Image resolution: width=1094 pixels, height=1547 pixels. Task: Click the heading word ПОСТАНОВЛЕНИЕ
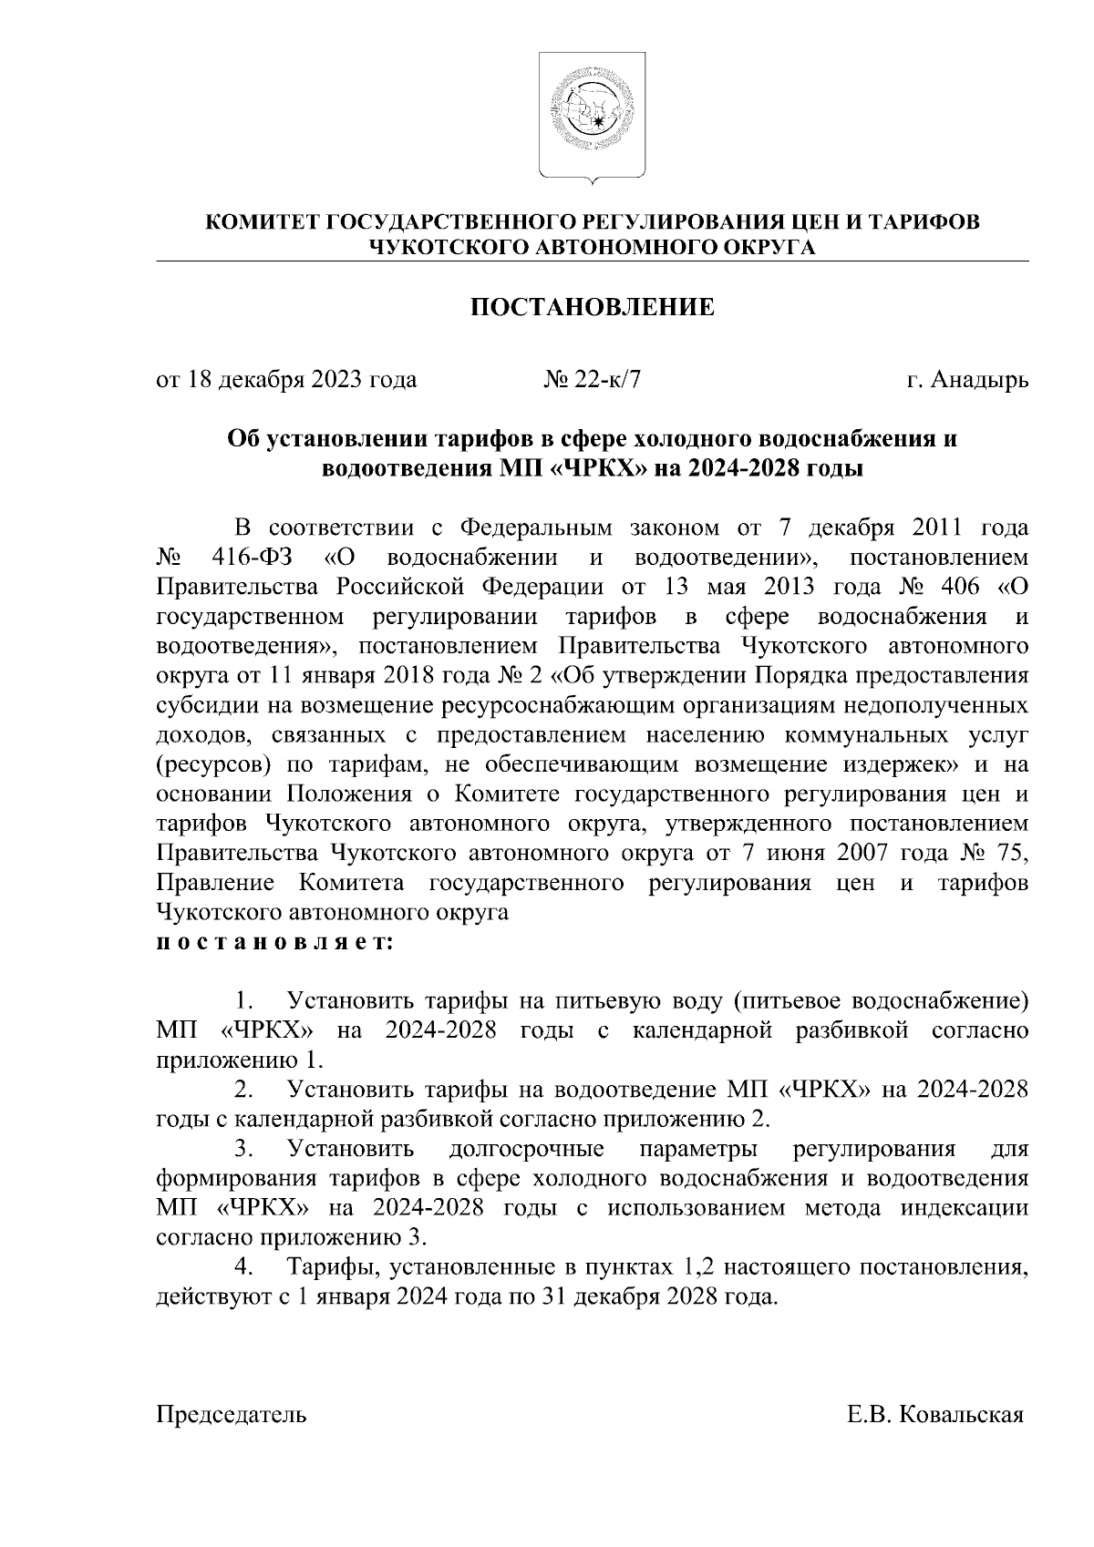coord(592,308)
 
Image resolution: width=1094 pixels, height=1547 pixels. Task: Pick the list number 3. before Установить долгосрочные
coord(243,1150)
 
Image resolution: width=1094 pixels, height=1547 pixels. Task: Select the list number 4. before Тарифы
coord(243,1268)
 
